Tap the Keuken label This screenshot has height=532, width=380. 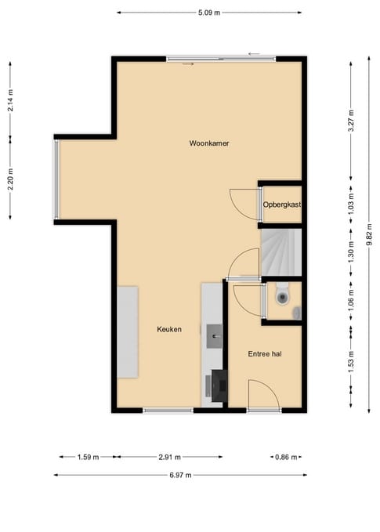pos(168,330)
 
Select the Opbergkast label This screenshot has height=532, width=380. pos(282,204)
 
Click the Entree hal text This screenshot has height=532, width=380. pos(265,354)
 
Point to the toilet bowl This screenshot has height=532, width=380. pos(282,296)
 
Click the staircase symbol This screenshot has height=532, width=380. pos(280,253)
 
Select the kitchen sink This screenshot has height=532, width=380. pos(214,337)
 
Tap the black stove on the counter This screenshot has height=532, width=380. pos(219,384)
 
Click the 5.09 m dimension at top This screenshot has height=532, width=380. pos(209,13)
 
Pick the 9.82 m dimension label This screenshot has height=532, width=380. pos(369,235)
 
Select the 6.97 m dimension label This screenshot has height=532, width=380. pos(179,474)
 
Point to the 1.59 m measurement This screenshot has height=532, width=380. pos(89,457)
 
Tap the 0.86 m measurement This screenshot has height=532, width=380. pos(286,457)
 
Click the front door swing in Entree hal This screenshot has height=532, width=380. pos(262,393)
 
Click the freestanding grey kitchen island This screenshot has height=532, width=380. pos(128,331)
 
